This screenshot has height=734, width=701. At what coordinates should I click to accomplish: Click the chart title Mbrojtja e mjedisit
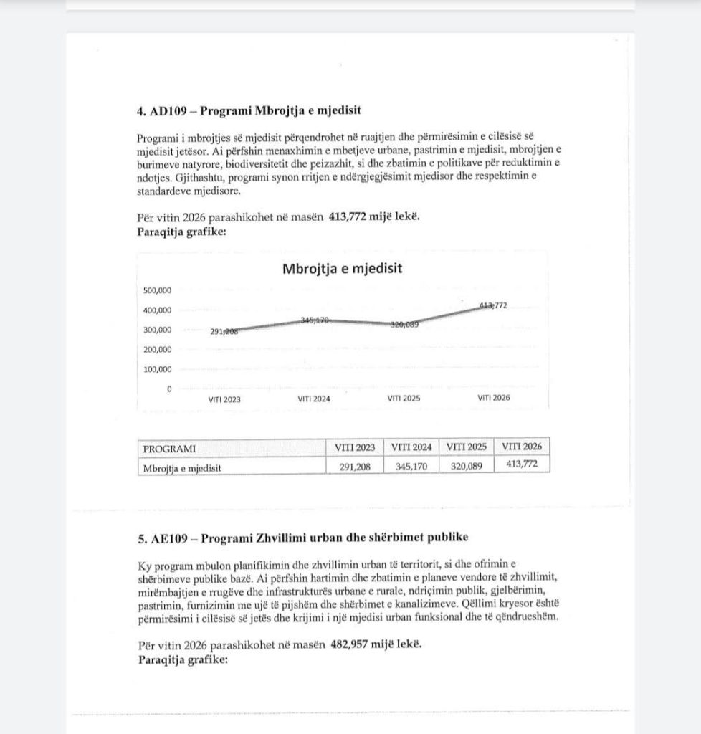(x=343, y=269)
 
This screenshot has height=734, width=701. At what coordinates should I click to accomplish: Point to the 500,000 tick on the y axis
(x=158, y=290)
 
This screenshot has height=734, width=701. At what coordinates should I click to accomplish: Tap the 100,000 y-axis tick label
(x=158, y=369)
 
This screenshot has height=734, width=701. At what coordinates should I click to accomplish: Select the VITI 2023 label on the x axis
(x=224, y=399)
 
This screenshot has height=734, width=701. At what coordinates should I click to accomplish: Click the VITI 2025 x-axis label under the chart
(x=404, y=399)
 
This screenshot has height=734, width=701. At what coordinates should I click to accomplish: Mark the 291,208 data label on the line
(x=224, y=331)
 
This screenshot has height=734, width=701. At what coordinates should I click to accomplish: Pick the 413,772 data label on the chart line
(x=493, y=305)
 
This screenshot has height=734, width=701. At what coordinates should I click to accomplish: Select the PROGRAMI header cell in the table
(x=169, y=449)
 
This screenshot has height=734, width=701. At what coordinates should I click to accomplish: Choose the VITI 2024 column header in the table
(x=411, y=447)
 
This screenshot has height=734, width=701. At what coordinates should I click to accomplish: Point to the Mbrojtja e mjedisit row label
(x=182, y=468)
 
